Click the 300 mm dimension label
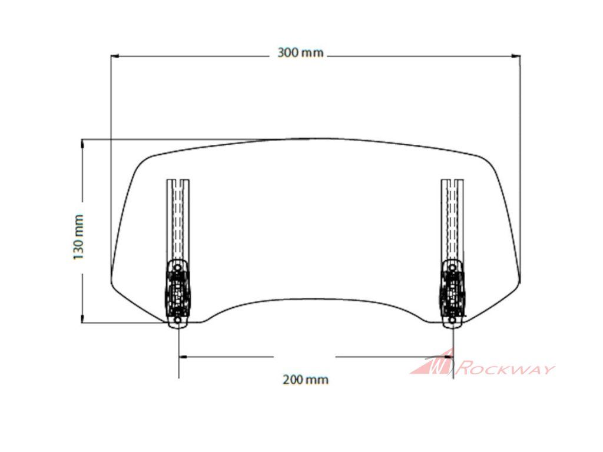click(x=300, y=52)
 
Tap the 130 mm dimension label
click(x=78, y=237)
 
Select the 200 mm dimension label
click(x=306, y=380)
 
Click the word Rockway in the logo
click(x=505, y=368)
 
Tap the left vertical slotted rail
click(x=177, y=220)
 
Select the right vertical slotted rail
click(x=452, y=220)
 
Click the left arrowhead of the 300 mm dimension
click(x=114, y=56)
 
